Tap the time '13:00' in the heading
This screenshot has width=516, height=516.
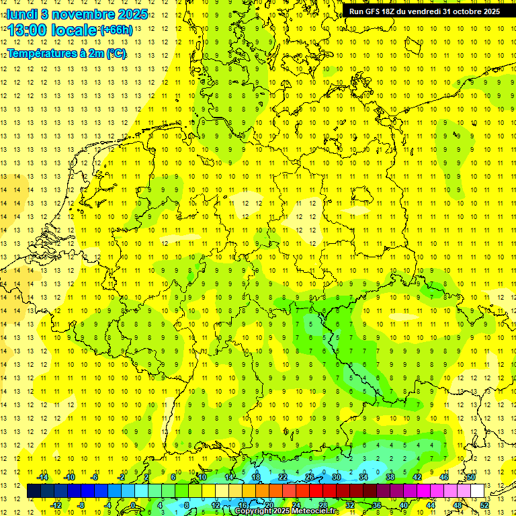pos(28,30)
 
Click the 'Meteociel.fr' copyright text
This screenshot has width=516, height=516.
pos(316,511)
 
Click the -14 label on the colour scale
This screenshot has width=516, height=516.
pos(42,477)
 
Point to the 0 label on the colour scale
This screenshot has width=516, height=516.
pos(133,505)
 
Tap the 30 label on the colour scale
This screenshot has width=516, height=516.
pos(336,477)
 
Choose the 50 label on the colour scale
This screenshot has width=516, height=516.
pos(471,477)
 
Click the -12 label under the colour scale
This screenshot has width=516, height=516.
pos(56,505)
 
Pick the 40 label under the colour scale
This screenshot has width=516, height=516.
pos(404,505)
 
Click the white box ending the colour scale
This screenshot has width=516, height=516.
pos(477,491)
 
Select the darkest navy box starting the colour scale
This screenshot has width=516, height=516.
pos(34,491)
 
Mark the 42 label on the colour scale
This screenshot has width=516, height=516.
pos(417,477)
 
